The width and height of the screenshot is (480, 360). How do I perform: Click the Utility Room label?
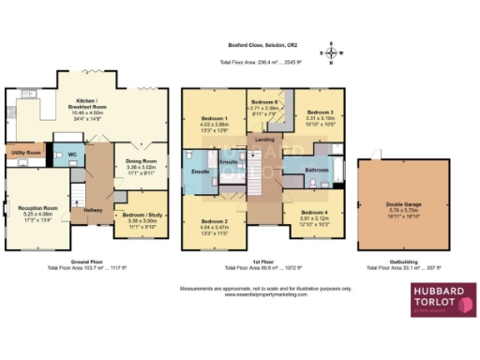[25, 152]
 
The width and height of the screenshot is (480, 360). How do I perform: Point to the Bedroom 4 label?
[312, 213]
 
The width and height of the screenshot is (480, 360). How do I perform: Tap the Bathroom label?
[316, 169]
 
